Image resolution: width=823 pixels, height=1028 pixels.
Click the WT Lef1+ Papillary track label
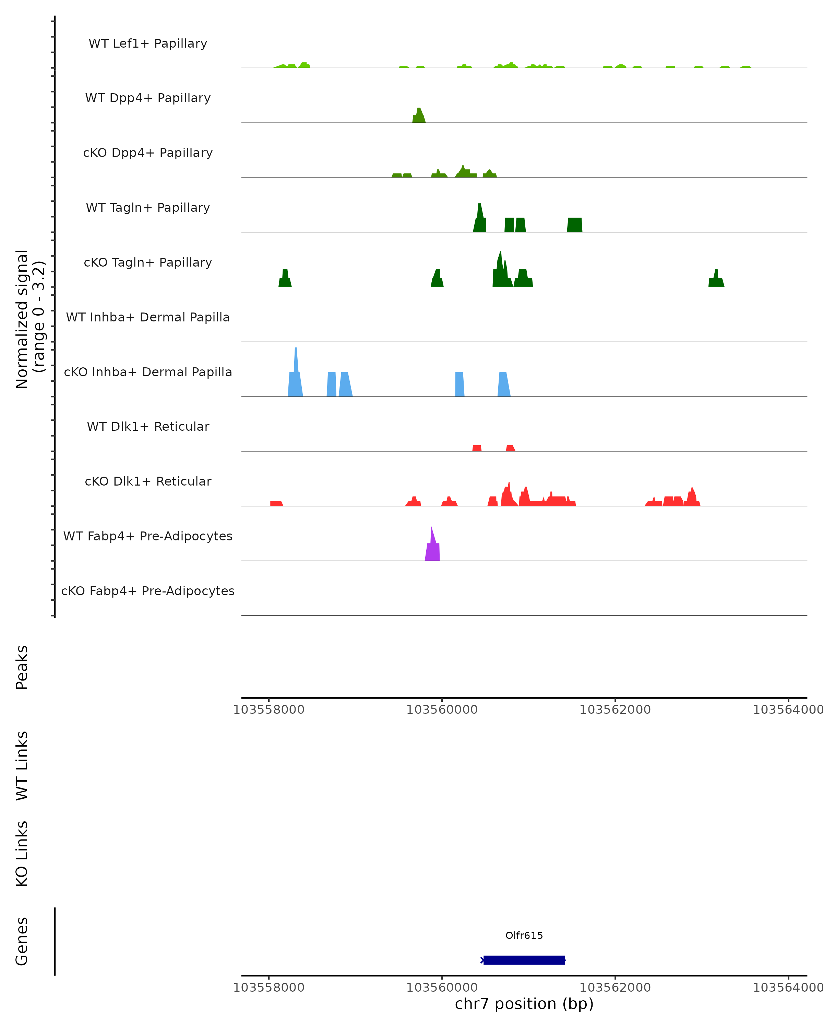click(x=148, y=44)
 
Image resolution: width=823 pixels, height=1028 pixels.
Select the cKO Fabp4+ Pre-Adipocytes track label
click(x=148, y=591)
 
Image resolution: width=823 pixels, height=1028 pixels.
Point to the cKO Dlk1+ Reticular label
click(x=148, y=481)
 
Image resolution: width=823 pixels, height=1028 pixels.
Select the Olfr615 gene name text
click(x=524, y=935)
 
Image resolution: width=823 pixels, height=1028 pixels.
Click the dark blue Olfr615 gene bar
click(x=524, y=960)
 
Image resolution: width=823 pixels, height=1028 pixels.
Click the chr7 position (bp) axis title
click(x=524, y=1004)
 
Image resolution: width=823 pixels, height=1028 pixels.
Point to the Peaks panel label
click(x=22, y=667)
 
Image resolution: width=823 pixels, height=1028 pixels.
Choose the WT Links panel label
click(x=22, y=765)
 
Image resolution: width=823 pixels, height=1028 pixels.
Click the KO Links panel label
click(x=22, y=854)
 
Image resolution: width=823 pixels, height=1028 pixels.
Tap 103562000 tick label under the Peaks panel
click(x=615, y=710)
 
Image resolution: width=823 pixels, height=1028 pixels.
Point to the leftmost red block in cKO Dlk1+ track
click(x=276, y=503)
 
